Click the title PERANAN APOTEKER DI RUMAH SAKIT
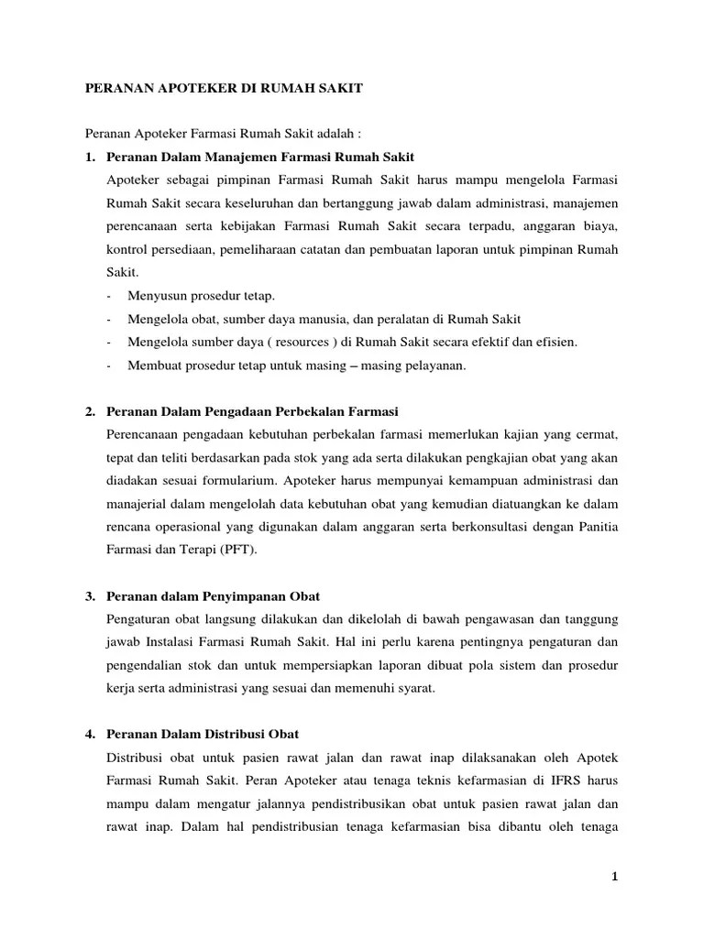click(x=224, y=89)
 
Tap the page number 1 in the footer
click(x=615, y=877)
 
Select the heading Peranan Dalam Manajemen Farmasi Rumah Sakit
click(x=260, y=158)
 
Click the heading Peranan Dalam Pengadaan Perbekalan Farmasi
click(x=252, y=410)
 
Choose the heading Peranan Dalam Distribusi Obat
click(x=203, y=735)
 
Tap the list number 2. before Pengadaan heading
click(x=91, y=410)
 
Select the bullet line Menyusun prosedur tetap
click(x=191, y=296)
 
